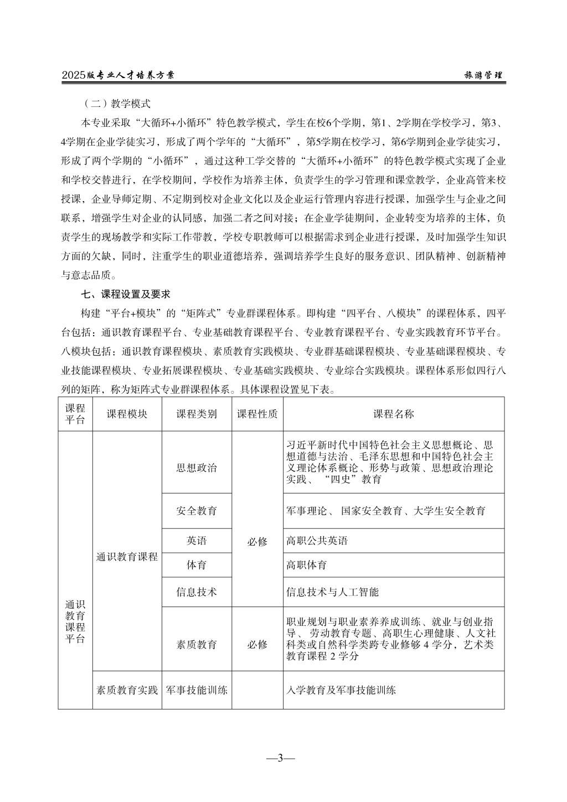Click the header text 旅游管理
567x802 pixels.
[x=483, y=76]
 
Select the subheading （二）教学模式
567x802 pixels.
[x=116, y=104]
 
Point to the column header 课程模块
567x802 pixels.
[x=127, y=414]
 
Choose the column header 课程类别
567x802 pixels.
[x=197, y=414]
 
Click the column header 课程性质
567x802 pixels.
[x=257, y=414]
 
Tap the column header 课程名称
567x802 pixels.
[x=394, y=414]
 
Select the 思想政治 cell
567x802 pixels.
[x=197, y=467]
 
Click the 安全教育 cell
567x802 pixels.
[x=197, y=511]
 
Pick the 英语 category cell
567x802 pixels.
[x=197, y=541]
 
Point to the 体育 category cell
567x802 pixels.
[x=197, y=565]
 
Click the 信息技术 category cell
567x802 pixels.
[x=197, y=592]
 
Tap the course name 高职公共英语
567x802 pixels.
[x=317, y=541]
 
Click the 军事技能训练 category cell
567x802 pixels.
[x=197, y=690]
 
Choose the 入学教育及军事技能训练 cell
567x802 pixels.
[x=341, y=690]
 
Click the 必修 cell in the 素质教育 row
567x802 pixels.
[x=257, y=645]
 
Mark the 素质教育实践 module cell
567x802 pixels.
[x=127, y=690]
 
